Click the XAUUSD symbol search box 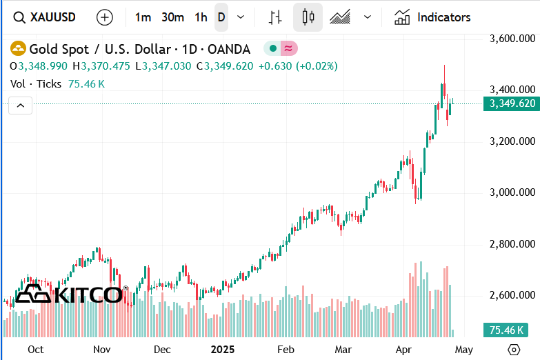tap(46, 17)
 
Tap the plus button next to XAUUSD tap(105, 17)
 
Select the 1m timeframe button tap(143, 17)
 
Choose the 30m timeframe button tap(172, 17)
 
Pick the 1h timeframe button tap(201, 17)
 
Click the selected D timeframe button tap(221, 17)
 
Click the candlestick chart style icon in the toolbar tap(308, 17)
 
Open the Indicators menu tap(432, 17)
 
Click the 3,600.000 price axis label tap(512, 39)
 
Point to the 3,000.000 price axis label tap(512, 192)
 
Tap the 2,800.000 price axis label tap(512, 243)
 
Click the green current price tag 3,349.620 tap(512, 103)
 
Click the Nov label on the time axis tap(102, 350)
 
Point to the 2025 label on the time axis tap(223, 350)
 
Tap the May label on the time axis tap(464, 350)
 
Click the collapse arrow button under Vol tap(21, 106)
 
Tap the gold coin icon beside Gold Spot tap(18, 49)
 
